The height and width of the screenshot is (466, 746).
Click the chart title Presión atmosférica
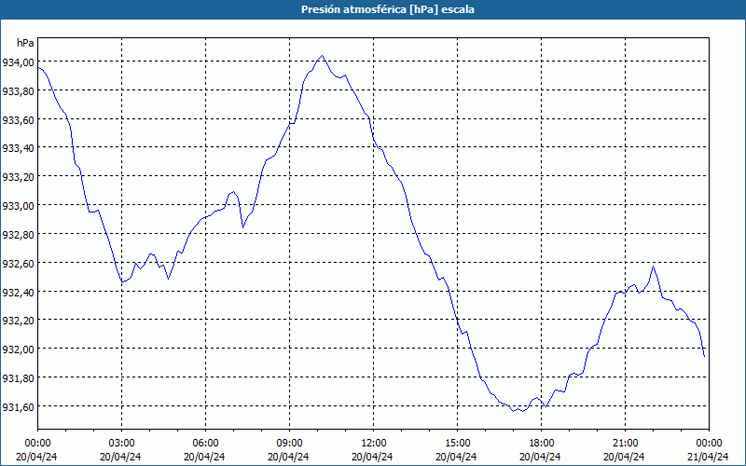point(373,8)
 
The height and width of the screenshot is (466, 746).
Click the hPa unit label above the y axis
point(25,43)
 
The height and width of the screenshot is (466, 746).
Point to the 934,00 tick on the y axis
point(19,62)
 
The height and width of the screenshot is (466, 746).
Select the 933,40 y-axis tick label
point(19,148)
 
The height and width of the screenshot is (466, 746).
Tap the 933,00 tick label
point(19,206)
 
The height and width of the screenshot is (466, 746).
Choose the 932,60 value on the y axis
point(19,264)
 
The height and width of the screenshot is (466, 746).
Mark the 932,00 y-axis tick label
point(19,349)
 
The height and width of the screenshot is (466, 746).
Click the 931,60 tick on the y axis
point(19,407)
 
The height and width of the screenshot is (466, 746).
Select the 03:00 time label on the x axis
point(121,443)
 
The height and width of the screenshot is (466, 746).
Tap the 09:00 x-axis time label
point(289,443)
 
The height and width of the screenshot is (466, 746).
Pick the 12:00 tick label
point(373,443)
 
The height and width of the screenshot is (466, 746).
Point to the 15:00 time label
point(457,443)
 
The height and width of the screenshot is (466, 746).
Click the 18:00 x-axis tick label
point(541,443)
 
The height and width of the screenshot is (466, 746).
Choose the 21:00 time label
point(625,443)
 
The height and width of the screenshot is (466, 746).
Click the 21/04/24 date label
point(708,456)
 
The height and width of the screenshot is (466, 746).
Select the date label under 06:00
point(205,456)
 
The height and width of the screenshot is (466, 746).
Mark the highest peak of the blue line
point(322,56)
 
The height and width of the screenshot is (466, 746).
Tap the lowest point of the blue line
point(515,410)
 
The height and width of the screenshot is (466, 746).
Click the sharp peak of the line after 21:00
point(653,267)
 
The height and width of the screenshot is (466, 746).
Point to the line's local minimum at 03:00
point(121,281)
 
